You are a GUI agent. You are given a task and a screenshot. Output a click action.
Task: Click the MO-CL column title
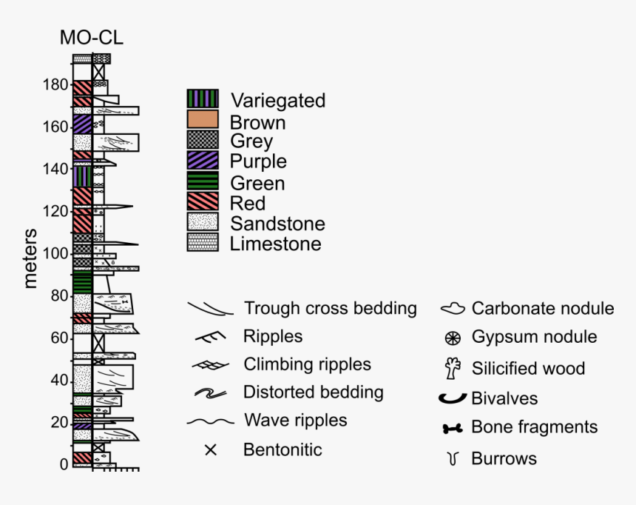pos(92,38)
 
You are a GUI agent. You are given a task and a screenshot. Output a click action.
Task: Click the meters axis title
pos(31,258)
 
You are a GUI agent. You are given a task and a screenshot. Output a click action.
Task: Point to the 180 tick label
pos(55,85)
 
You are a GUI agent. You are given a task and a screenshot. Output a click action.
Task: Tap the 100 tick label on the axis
pos(55,254)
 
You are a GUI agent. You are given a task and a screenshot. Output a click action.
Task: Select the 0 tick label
pos(64,465)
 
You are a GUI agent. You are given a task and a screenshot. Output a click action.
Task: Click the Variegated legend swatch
pos(203,99)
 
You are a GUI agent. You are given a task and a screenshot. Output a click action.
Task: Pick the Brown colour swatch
pos(203,120)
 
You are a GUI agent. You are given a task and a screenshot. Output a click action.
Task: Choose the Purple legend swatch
pos(203,161)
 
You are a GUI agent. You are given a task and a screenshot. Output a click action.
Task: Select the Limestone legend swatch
pos(203,243)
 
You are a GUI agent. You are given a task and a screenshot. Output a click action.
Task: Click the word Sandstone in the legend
pos(277,223)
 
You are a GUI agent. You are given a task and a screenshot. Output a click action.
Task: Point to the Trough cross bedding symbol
pos(210,308)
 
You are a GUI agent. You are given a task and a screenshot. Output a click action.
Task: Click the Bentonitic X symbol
pos(210,449)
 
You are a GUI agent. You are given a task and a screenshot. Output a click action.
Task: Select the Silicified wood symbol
pos(453,368)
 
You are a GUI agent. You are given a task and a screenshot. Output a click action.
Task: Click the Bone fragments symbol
pos(452,428)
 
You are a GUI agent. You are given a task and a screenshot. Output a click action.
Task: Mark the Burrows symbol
pos(452,459)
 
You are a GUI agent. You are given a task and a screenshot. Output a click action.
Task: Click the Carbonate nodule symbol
pos(453,308)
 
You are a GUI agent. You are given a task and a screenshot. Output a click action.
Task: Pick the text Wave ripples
pos(295,421)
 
